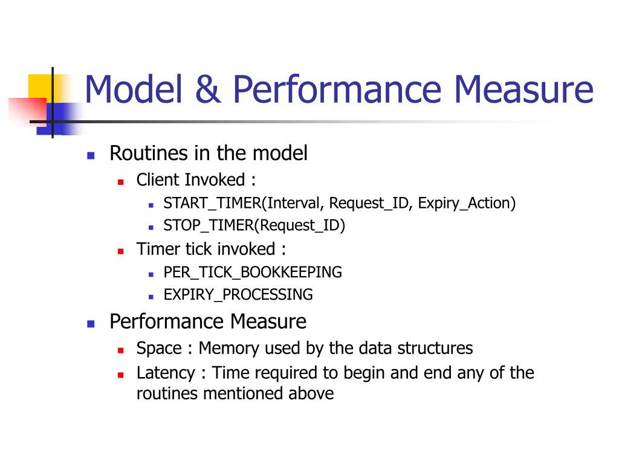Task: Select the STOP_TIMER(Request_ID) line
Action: point(254,226)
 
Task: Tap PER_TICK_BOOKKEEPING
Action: point(253,272)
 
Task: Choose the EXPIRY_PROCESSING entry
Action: point(238,295)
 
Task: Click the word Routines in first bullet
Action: point(149,153)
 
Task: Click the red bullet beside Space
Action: point(121,350)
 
